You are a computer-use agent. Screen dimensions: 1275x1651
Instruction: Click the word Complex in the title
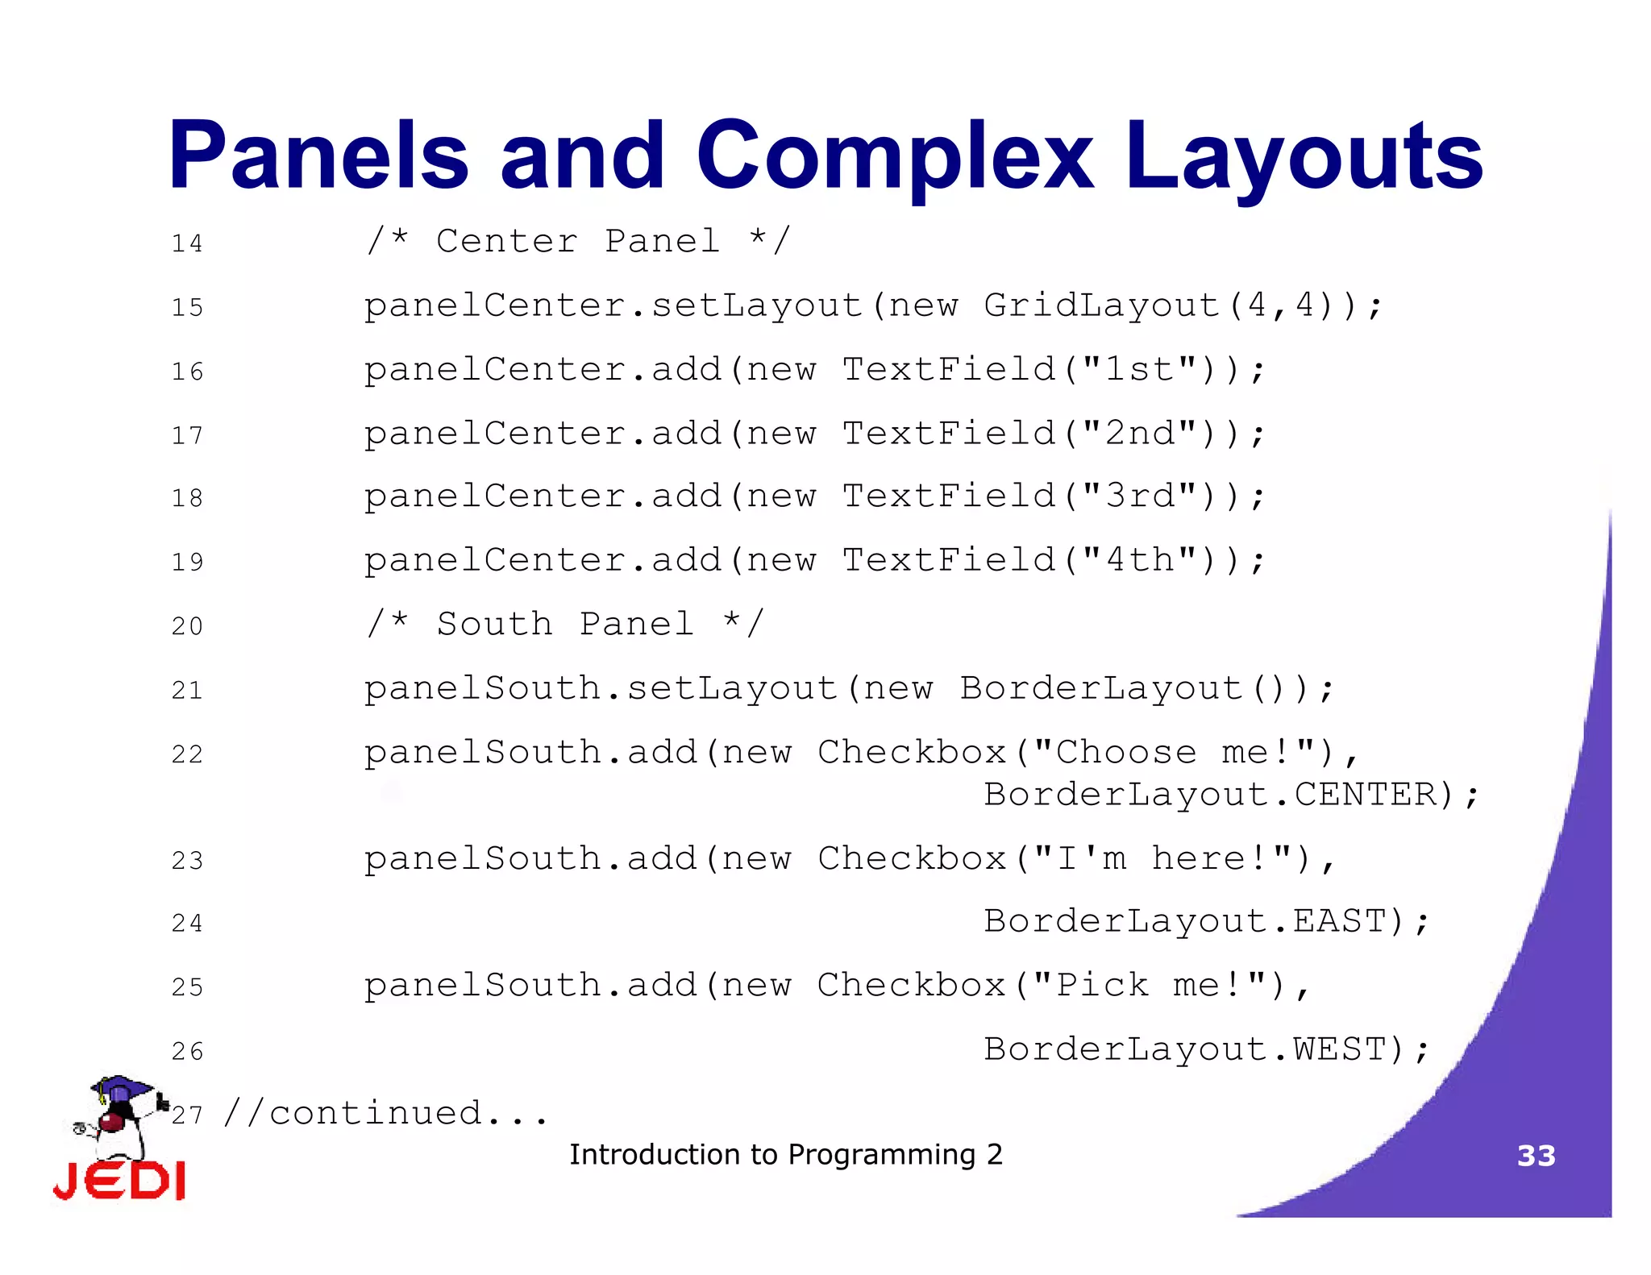(x=895, y=156)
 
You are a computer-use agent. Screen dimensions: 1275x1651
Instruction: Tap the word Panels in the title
(x=318, y=155)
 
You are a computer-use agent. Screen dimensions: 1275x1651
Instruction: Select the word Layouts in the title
(x=1304, y=156)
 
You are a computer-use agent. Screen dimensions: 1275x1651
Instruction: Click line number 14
(x=187, y=243)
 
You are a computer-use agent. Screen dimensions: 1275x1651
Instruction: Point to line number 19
(x=187, y=562)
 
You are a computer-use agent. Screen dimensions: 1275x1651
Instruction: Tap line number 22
(x=187, y=754)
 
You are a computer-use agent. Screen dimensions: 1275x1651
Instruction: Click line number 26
(x=187, y=1051)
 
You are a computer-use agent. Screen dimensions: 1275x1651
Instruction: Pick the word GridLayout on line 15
(x=1101, y=305)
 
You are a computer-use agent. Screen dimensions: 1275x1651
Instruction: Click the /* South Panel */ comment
(x=564, y=624)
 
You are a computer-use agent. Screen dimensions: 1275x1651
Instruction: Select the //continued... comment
(x=385, y=1114)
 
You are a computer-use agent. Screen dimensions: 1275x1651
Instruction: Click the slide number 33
(x=1536, y=1156)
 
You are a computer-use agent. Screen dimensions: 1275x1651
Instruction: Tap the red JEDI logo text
(x=119, y=1182)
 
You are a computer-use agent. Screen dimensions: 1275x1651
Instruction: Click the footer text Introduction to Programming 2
(x=786, y=1155)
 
